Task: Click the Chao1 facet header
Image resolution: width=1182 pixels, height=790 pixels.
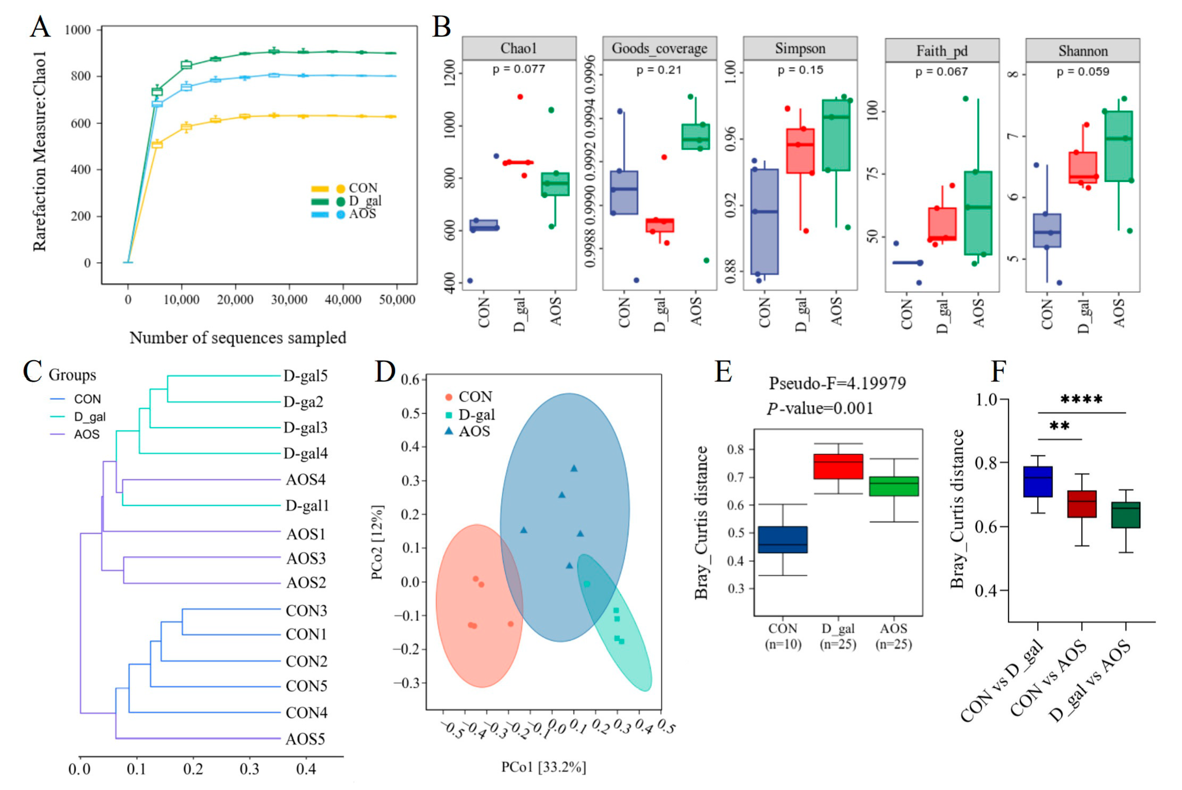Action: point(519,48)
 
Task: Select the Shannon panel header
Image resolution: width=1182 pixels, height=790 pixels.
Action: point(1083,51)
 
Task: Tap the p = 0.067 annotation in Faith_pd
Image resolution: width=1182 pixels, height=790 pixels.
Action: point(941,71)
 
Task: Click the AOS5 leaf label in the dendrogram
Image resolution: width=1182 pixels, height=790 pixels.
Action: point(305,739)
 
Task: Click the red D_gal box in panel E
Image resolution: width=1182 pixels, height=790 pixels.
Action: point(838,466)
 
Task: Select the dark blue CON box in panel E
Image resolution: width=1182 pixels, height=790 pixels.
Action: point(783,540)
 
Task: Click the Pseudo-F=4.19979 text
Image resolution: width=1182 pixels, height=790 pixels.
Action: point(837,383)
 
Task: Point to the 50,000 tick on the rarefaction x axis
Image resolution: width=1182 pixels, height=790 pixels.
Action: point(397,300)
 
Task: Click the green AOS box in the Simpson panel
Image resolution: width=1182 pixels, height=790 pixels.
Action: point(836,135)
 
